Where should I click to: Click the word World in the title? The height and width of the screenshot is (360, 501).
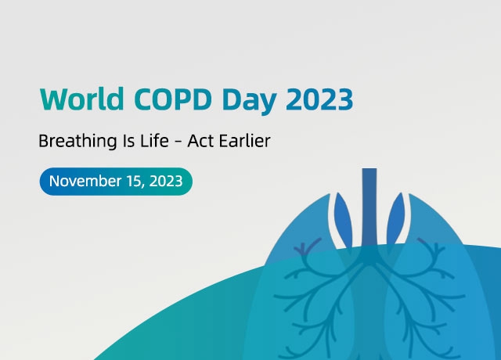pyautogui.click(x=81, y=99)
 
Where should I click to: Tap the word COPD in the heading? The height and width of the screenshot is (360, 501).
pyautogui.click(x=172, y=99)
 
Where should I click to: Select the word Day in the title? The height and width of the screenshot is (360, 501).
pyautogui.click(x=249, y=101)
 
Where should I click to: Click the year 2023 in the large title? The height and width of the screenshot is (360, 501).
pyautogui.click(x=319, y=99)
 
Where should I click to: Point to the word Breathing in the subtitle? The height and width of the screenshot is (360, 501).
pyautogui.click(x=77, y=142)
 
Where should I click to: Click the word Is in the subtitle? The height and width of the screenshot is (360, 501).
pyautogui.click(x=129, y=141)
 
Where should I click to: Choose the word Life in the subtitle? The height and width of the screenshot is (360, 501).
pyautogui.click(x=154, y=141)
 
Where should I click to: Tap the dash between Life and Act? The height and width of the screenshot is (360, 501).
pyautogui.click(x=178, y=142)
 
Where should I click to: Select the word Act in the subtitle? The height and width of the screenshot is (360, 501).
pyautogui.click(x=200, y=141)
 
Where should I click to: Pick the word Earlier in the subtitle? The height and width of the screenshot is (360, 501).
pyautogui.click(x=244, y=141)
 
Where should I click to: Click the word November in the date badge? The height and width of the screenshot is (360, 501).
pyautogui.click(x=85, y=181)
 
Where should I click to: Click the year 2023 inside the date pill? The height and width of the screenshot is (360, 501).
pyautogui.click(x=166, y=181)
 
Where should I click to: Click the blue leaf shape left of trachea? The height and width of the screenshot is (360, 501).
pyautogui.click(x=343, y=220)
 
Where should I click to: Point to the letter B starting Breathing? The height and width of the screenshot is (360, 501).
pyautogui.click(x=44, y=141)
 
